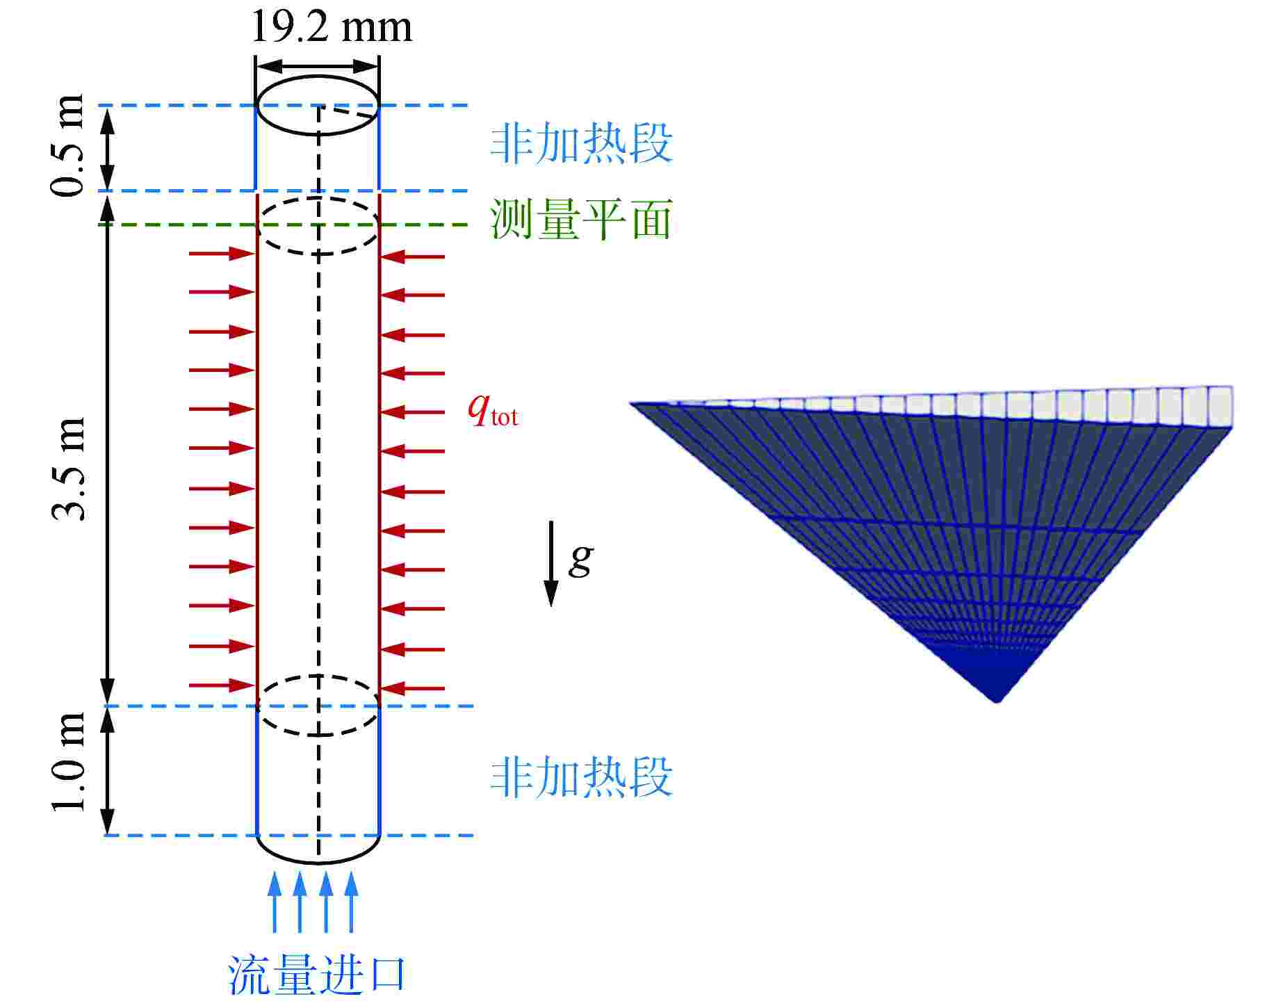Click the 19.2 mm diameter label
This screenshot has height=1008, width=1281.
331,28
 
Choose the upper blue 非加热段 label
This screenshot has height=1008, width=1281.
581,144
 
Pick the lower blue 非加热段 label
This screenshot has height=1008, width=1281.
581,777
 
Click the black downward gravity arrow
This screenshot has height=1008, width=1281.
550,563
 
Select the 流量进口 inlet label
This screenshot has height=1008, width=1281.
316,975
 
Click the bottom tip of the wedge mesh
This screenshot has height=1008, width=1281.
997,698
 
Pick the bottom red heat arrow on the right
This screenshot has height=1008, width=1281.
413,689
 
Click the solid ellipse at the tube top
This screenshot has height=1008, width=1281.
318,106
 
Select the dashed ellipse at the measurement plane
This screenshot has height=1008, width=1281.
318,225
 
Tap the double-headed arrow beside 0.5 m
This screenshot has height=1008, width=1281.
107,148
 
